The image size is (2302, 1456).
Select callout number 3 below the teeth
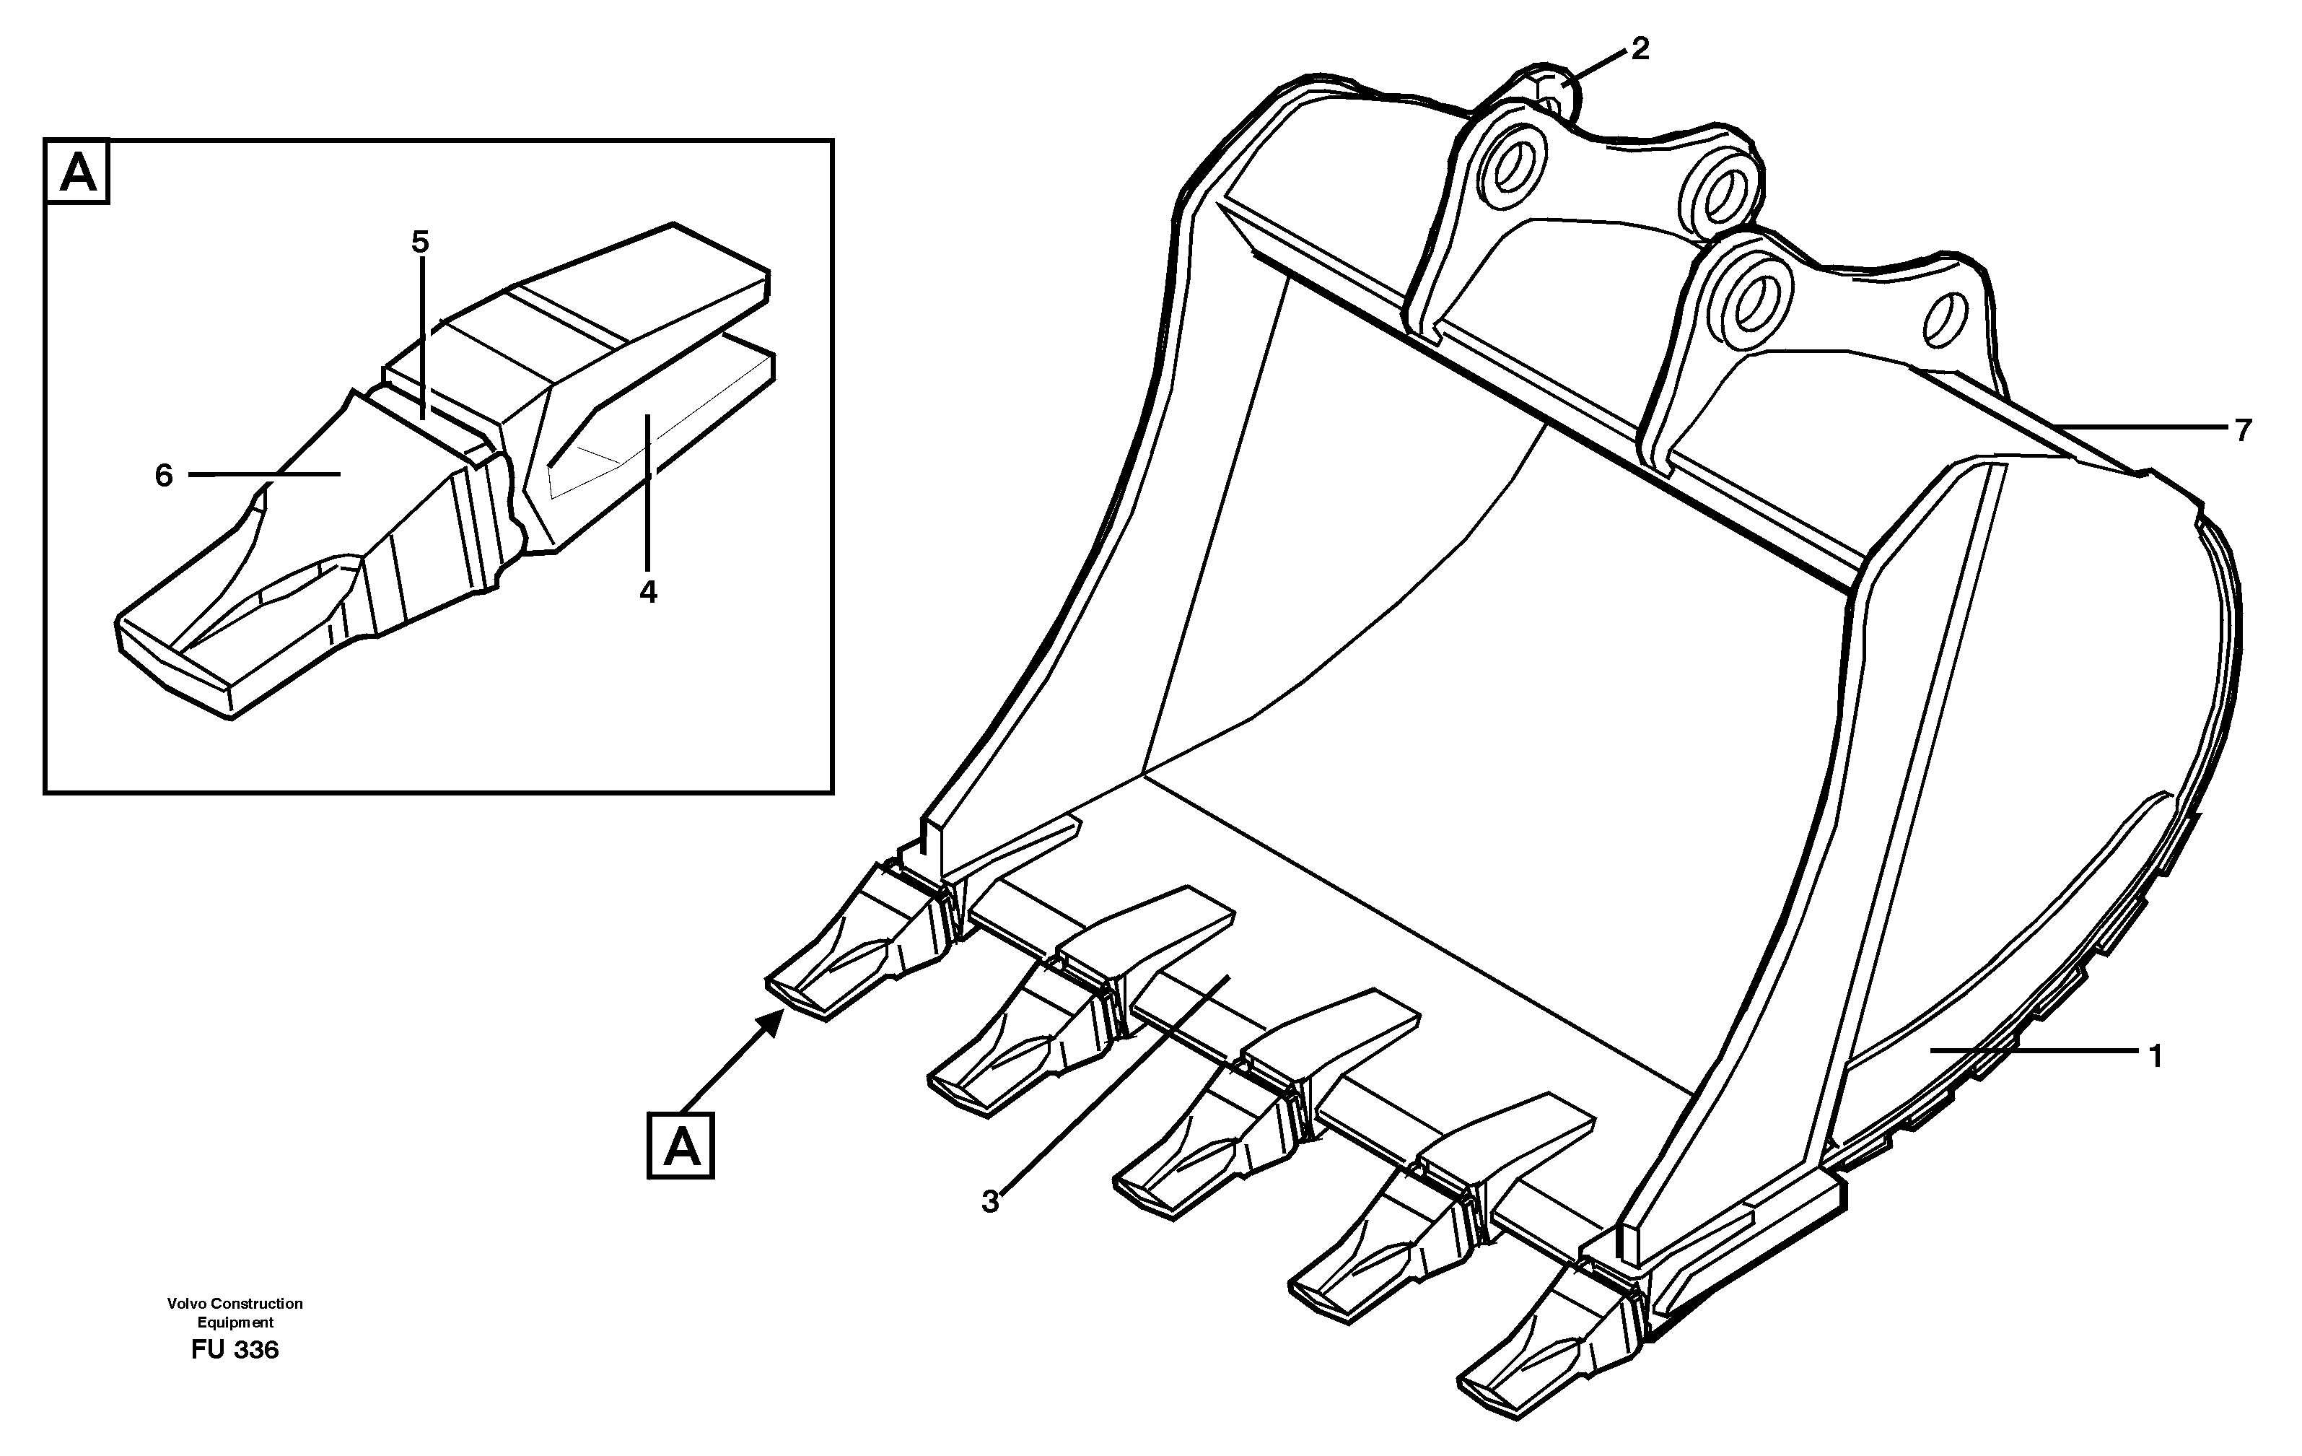[x=990, y=1200]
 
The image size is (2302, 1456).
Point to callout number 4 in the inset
[x=648, y=592]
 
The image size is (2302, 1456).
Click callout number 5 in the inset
[x=421, y=243]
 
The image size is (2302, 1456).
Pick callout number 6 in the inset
[x=165, y=475]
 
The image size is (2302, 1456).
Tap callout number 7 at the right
[x=2243, y=430]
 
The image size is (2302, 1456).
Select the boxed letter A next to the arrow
[x=680, y=1146]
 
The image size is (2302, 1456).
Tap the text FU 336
[x=235, y=1350]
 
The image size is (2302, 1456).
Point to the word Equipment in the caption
[x=235, y=1323]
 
